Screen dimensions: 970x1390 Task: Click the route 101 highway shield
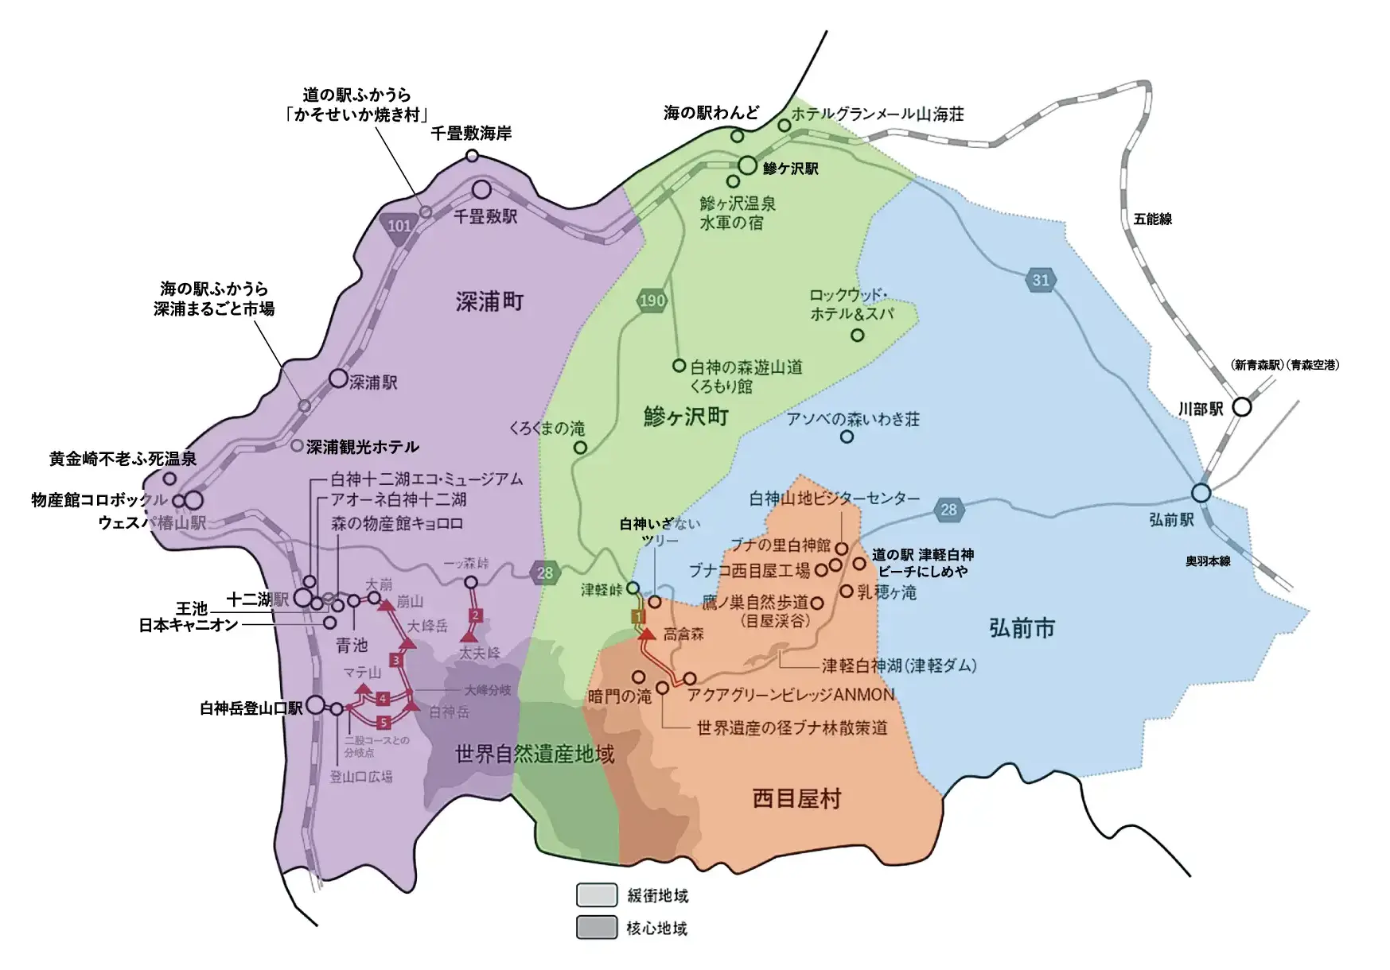pos(399,225)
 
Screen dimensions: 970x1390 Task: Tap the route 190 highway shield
pos(652,301)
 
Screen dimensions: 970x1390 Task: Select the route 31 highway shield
pos(1041,279)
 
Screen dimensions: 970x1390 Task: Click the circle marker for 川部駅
pos(1241,407)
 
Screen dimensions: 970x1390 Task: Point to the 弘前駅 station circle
pos(1201,493)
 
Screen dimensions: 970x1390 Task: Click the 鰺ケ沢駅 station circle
pos(747,165)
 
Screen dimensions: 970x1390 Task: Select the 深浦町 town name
pos(489,301)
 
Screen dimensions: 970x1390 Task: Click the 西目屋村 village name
pos(796,798)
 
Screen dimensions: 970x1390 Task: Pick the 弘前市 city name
pos(1022,628)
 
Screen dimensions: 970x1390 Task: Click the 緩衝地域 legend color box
pos(597,894)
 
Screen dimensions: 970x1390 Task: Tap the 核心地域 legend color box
pos(597,927)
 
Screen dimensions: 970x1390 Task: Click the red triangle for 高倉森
pos(646,634)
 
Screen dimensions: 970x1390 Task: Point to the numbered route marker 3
pos(395,660)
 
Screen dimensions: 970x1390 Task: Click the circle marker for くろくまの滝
pos(580,448)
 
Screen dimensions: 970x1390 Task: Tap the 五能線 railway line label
pos(1152,219)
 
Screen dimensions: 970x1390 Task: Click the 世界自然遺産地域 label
pos(535,754)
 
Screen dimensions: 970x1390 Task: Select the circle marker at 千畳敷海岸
pos(472,156)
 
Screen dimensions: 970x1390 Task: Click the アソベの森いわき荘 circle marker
pos(847,436)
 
